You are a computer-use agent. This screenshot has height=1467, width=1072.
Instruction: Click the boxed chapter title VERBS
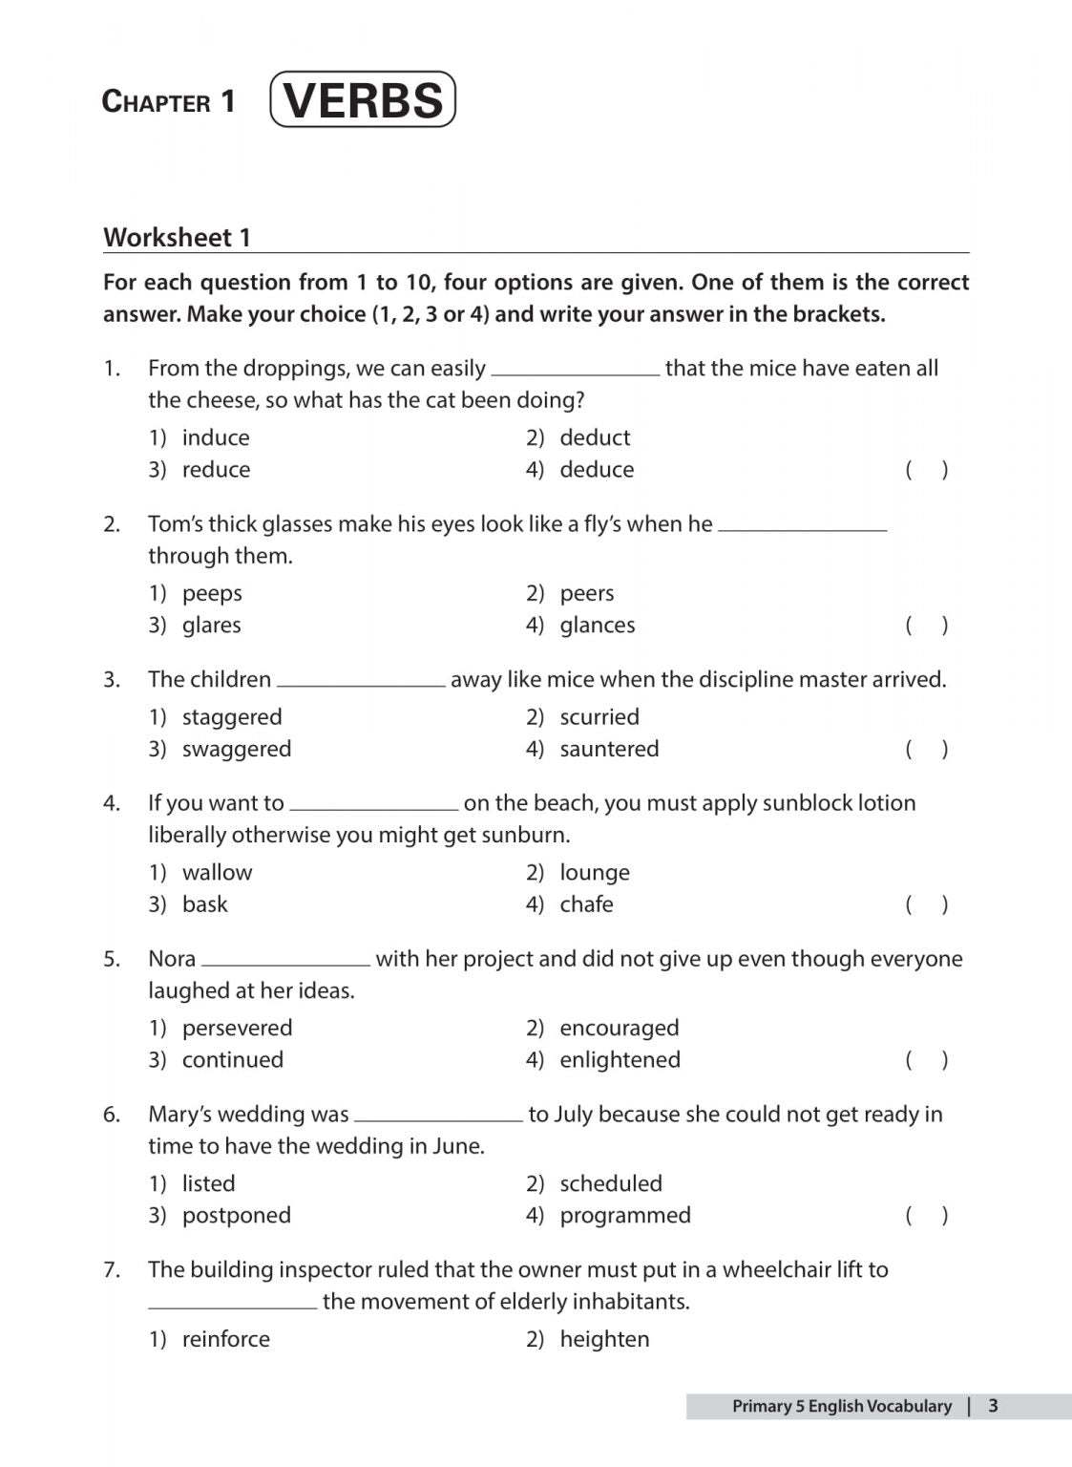coord(363,100)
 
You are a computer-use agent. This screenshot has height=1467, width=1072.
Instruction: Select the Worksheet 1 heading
coord(177,238)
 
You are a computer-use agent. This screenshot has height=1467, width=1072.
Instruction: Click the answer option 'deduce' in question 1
coord(597,470)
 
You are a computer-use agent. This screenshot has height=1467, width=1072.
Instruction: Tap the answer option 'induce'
coord(216,437)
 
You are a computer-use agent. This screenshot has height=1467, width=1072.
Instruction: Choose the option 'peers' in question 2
coord(586,593)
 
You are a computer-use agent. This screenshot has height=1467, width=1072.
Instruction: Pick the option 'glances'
coord(597,626)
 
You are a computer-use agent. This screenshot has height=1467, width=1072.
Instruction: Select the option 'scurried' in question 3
coord(599,717)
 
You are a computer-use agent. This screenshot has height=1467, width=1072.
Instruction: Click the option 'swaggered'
coord(236,750)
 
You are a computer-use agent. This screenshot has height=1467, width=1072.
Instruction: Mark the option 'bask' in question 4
coord(204,904)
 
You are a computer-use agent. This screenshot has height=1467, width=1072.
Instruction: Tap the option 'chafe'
coord(586,904)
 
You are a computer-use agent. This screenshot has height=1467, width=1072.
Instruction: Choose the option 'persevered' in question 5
coord(237,1029)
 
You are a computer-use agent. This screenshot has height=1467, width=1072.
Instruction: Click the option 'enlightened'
coord(620,1060)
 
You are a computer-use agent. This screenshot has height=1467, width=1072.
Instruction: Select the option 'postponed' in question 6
coord(236,1216)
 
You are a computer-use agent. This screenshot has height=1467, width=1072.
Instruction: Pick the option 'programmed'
coord(624,1216)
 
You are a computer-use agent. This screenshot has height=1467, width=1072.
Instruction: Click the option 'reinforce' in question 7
coord(225,1339)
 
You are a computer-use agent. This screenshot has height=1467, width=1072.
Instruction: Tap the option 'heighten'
coord(603,1339)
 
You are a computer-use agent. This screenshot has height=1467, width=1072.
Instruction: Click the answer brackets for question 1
coord(926,470)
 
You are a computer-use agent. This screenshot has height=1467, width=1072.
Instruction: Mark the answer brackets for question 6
coord(926,1216)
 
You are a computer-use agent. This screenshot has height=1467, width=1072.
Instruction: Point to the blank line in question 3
coord(361,685)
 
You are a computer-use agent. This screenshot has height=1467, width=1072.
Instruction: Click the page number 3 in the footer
coord(993,1406)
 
